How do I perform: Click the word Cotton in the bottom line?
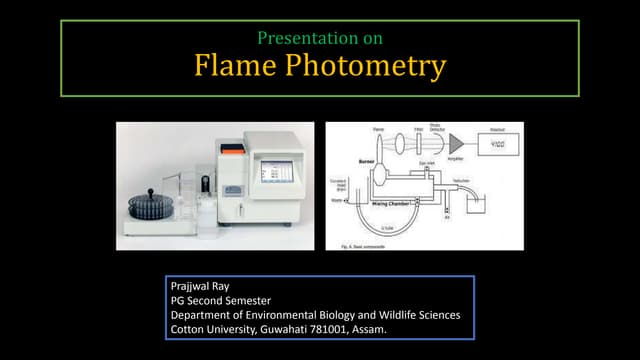click(x=187, y=329)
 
